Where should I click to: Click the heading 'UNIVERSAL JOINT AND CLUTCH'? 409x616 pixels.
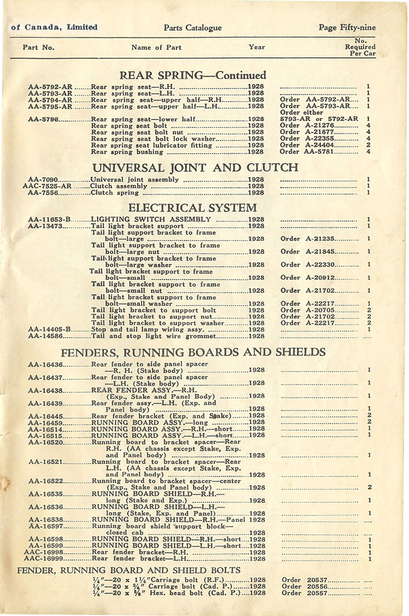tap(195, 167)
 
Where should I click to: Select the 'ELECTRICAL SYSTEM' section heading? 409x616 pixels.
tap(192, 208)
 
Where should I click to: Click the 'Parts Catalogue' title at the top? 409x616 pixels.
tap(193, 28)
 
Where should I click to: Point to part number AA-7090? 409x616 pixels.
tap(43, 180)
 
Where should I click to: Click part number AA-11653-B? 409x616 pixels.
tap(50, 220)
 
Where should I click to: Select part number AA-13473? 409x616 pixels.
tap(45, 226)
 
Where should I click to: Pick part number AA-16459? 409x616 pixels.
tap(46, 422)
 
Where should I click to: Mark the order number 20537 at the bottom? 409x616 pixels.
tap(315, 580)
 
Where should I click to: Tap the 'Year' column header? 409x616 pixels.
tap(257, 47)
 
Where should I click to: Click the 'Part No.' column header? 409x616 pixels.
tap(38, 48)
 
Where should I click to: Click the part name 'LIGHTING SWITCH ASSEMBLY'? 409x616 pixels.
tap(151, 220)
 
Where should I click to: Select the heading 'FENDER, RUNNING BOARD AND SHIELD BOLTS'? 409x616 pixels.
tap(129, 570)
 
